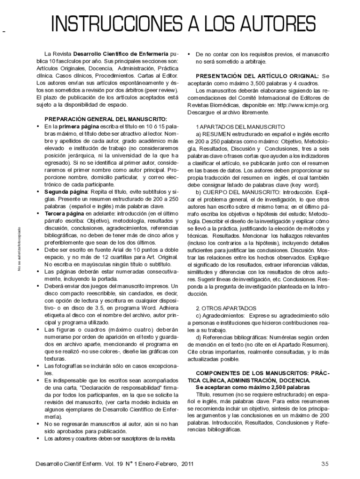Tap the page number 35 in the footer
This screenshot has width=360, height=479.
325,464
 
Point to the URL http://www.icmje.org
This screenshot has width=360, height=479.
302,105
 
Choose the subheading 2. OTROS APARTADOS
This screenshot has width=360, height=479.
226,308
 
